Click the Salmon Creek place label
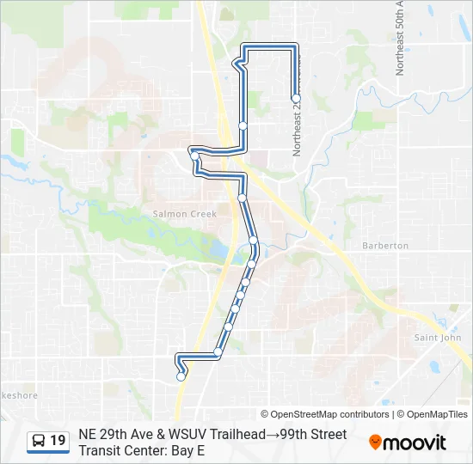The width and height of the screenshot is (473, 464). pyautogui.click(x=175, y=214)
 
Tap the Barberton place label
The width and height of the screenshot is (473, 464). pyautogui.click(x=384, y=246)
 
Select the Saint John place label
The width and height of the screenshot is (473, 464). pyautogui.click(x=438, y=338)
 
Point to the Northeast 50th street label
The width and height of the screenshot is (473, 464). pyautogui.click(x=400, y=39)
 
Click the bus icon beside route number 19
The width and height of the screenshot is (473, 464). pyautogui.click(x=40, y=441)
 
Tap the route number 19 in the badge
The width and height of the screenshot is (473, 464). pyautogui.click(x=58, y=441)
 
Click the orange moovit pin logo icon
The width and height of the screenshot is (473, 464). pyautogui.click(x=375, y=442)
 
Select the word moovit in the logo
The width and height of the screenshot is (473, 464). pyautogui.click(x=415, y=443)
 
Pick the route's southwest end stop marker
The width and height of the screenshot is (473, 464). pyautogui.click(x=181, y=375)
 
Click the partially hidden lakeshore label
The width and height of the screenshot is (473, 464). pyautogui.click(x=17, y=396)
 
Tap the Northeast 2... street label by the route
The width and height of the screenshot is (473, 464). pyautogui.click(x=298, y=129)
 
